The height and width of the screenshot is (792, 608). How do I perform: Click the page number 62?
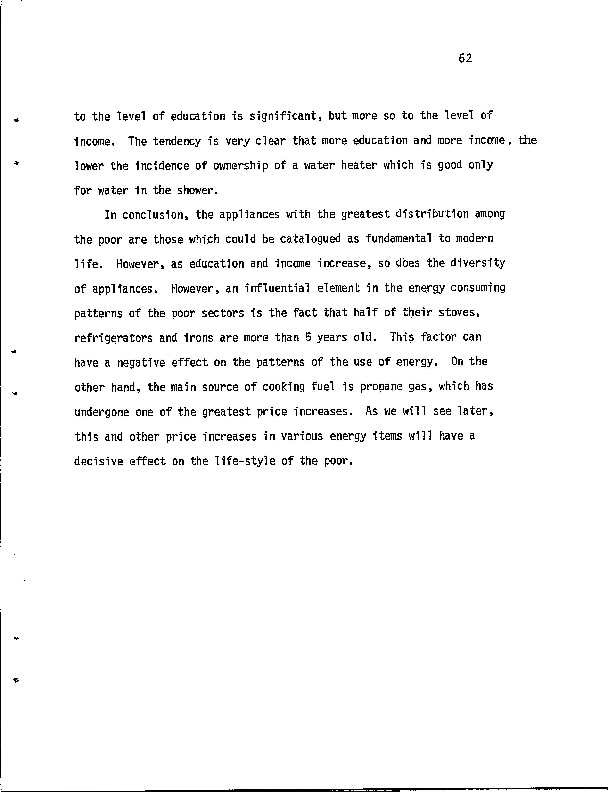click(x=465, y=58)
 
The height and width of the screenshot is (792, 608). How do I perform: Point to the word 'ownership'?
click(x=240, y=166)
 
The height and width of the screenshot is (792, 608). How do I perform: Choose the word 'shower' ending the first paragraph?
click(x=197, y=190)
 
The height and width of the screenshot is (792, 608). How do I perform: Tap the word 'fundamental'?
click(x=398, y=239)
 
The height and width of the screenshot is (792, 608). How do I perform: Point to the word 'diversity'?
click(x=478, y=263)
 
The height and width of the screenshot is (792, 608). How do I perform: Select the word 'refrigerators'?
click(x=113, y=338)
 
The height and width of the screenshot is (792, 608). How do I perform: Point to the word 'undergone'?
click(x=102, y=412)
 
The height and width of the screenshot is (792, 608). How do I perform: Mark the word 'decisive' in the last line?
click(x=99, y=461)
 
